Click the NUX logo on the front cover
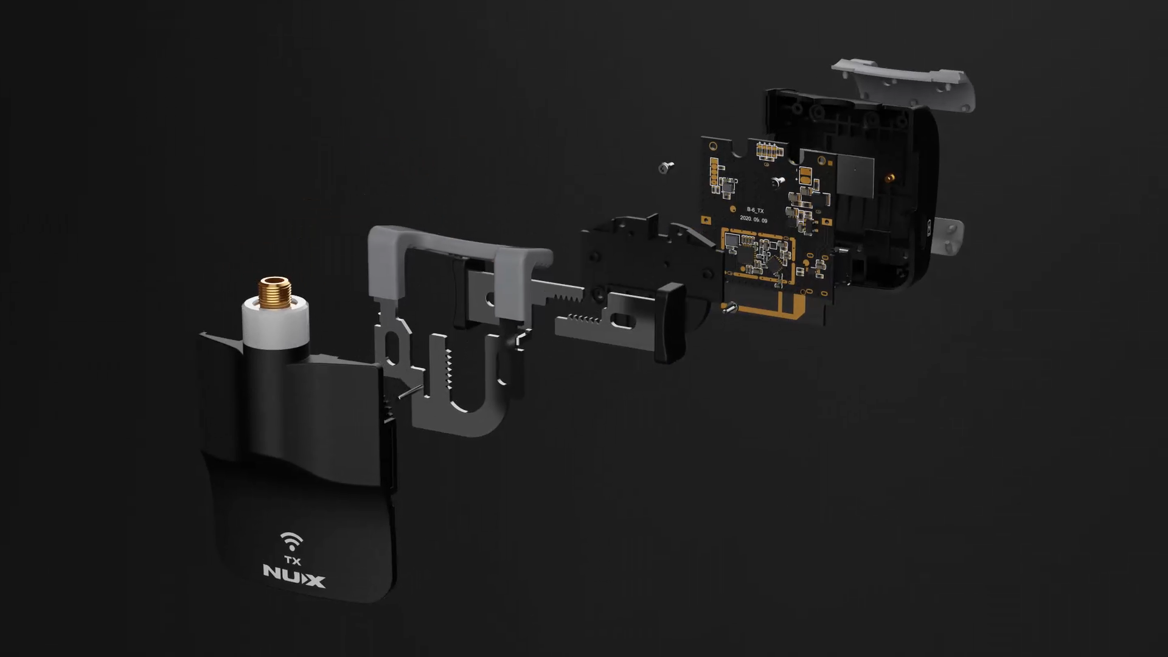[x=294, y=575]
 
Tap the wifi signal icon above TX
[x=291, y=541]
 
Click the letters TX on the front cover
[x=292, y=560]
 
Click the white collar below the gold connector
[x=276, y=323]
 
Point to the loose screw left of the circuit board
[x=666, y=166]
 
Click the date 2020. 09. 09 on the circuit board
[x=753, y=219]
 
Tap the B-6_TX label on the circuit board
[x=755, y=210]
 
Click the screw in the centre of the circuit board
[x=776, y=182]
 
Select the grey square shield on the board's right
[x=855, y=175]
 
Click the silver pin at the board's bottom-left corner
[x=730, y=308]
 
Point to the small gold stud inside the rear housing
[x=889, y=178]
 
